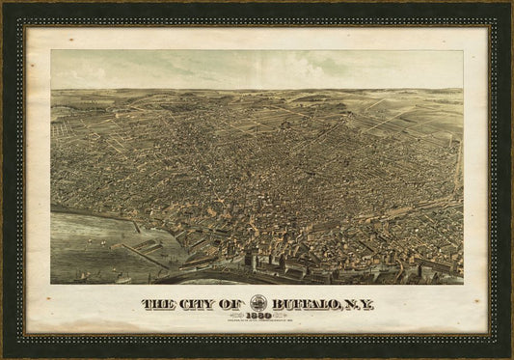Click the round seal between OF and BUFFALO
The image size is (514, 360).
tap(258, 302)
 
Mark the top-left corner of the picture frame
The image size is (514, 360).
tap(3, 3)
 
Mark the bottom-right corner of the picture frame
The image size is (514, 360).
tap(510, 356)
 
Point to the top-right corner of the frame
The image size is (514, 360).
tap(510, 3)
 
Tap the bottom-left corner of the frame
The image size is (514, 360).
tap(3, 356)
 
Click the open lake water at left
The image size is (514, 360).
tap(82, 246)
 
